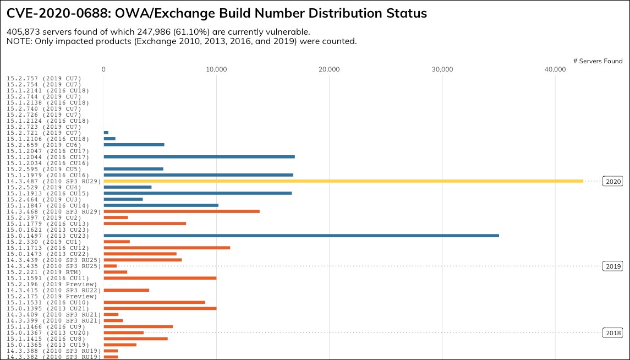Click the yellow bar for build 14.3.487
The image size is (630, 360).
(x=343, y=181)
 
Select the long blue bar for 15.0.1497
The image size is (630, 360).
(x=301, y=236)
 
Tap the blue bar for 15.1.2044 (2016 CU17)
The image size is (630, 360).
(x=199, y=157)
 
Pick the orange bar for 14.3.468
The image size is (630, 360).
(x=182, y=211)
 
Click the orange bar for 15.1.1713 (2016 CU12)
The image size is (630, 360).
(x=167, y=248)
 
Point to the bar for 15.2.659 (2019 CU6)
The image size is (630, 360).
(x=134, y=145)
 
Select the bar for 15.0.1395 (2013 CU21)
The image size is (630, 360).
(x=160, y=308)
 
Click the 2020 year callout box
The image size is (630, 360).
(x=612, y=181)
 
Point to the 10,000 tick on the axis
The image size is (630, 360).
(x=216, y=69)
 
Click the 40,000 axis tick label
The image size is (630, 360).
(x=555, y=69)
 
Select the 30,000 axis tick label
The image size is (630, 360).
(x=442, y=69)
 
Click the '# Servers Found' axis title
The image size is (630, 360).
(x=598, y=61)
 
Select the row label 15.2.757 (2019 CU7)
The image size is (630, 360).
(x=44, y=78)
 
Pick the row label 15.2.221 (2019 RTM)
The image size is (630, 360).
(x=44, y=272)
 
